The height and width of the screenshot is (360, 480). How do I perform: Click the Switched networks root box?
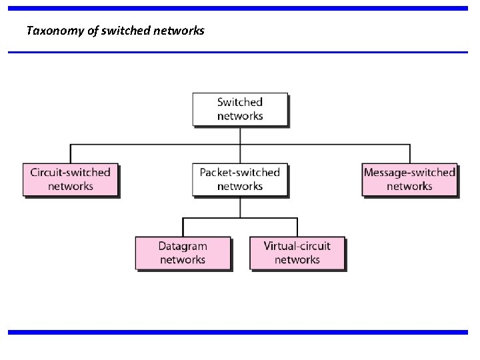(x=240, y=109)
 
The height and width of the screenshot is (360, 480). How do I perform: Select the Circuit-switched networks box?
(x=70, y=179)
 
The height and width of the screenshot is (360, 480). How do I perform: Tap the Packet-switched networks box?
(x=240, y=179)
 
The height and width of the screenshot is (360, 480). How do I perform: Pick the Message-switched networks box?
(x=409, y=179)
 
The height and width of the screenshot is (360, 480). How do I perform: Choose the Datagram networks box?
(x=183, y=253)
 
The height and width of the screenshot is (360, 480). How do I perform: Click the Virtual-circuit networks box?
(x=297, y=253)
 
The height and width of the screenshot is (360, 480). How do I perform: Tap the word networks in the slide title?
(x=178, y=31)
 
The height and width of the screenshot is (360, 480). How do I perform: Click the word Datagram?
(x=183, y=247)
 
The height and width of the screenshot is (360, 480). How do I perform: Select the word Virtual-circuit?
(x=297, y=247)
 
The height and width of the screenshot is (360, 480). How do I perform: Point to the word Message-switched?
(x=409, y=173)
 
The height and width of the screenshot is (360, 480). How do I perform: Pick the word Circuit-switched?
(x=70, y=173)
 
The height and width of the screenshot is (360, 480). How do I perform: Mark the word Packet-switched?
(x=240, y=173)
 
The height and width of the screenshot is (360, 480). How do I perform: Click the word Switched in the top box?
(x=240, y=102)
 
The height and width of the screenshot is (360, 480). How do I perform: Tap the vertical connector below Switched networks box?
(x=240, y=135)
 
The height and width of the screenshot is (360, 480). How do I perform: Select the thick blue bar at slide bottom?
(x=238, y=332)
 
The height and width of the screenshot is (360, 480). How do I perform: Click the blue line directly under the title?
(x=238, y=52)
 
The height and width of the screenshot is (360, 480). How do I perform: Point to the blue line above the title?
(x=238, y=9)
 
